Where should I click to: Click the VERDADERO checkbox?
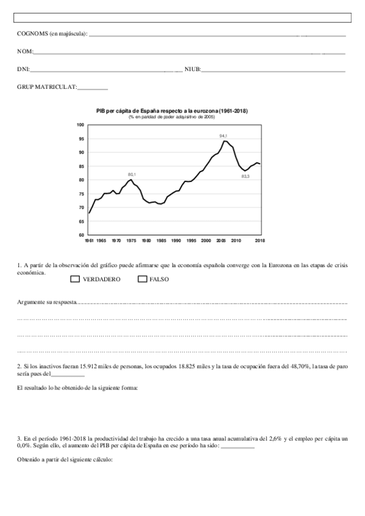coord(76,279)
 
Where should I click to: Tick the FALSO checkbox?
coord(143,279)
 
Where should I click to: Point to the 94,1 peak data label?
coord(224,135)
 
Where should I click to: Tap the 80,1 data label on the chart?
coord(132,175)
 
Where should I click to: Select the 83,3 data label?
coord(245,176)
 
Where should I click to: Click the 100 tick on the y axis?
coord(80,125)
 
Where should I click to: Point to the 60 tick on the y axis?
coord(81,235)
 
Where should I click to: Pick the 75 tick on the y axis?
coord(81,193)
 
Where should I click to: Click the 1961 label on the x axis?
coord(89,241)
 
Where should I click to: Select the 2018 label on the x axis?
coord(260,241)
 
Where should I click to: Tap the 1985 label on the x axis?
coord(161,241)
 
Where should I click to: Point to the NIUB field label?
coord(192,70)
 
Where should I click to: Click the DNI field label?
coord(23,70)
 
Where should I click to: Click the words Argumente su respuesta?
coord(46,302)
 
